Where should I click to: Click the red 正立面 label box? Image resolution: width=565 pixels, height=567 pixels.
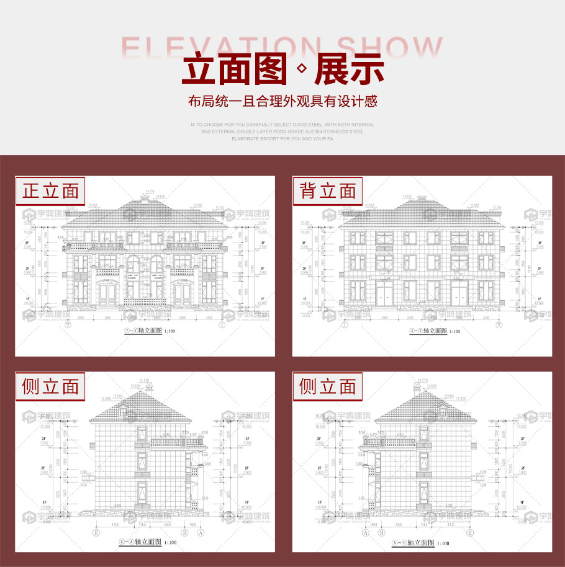pyautogui.click(x=50, y=190)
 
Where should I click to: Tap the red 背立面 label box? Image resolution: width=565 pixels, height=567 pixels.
pyautogui.click(x=328, y=190)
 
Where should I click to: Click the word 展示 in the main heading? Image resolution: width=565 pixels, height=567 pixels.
pyautogui.click(x=349, y=69)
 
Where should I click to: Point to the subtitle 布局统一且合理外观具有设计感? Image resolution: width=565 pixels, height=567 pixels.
pyautogui.click(x=282, y=101)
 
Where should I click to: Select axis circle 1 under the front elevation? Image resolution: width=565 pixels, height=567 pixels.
pyautogui.click(x=222, y=323)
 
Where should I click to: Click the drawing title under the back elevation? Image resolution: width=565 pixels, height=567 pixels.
pyautogui.click(x=435, y=331)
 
